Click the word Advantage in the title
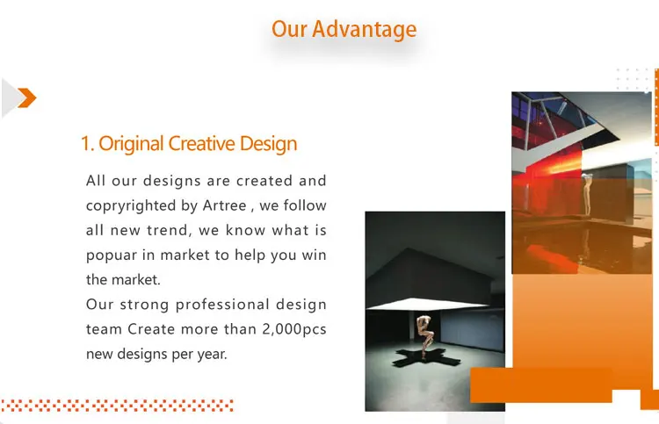[x=364, y=30]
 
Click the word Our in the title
[x=289, y=29]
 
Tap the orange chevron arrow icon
[x=27, y=97]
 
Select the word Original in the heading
[x=131, y=144]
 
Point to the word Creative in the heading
[x=202, y=144]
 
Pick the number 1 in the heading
[x=86, y=144]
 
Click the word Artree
[x=224, y=205]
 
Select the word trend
[x=169, y=231]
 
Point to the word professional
[x=222, y=305]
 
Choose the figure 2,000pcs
[x=294, y=329]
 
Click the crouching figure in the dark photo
[x=425, y=336]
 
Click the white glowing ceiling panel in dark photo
[x=426, y=304]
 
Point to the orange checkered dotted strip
[x=117, y=406]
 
